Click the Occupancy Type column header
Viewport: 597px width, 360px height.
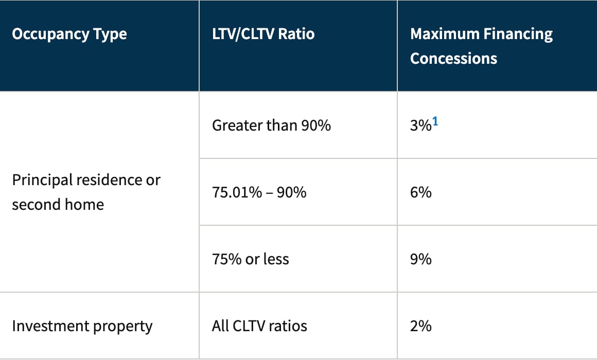click(x=69, y=34)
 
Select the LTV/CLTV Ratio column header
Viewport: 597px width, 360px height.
click(x=264, y=34)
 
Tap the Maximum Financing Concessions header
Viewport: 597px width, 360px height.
click(x=481, y=46)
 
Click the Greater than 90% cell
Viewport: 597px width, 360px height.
click(x=271, y=125)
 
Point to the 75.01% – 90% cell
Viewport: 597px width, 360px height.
click(x=259, y=192)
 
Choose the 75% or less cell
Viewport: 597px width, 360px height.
click(x=251, y=259)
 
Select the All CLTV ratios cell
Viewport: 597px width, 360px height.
click(x=259, y=326)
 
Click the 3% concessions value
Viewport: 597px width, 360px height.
click(x=420, y=125)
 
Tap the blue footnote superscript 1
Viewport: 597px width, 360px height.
click(x=435, y=121)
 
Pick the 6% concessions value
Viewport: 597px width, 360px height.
click(x=420, y=192)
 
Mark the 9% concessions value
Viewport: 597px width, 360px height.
click(x=420, y=259)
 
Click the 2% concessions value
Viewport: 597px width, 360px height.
click(x=420, y=326)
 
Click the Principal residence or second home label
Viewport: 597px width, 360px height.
click(x=86, y=192)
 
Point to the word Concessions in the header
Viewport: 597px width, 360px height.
click(x=453, y=59)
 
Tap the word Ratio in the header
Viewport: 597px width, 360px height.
click(x=296, y=34)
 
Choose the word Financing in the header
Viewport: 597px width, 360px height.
click(x=518, y=34)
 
